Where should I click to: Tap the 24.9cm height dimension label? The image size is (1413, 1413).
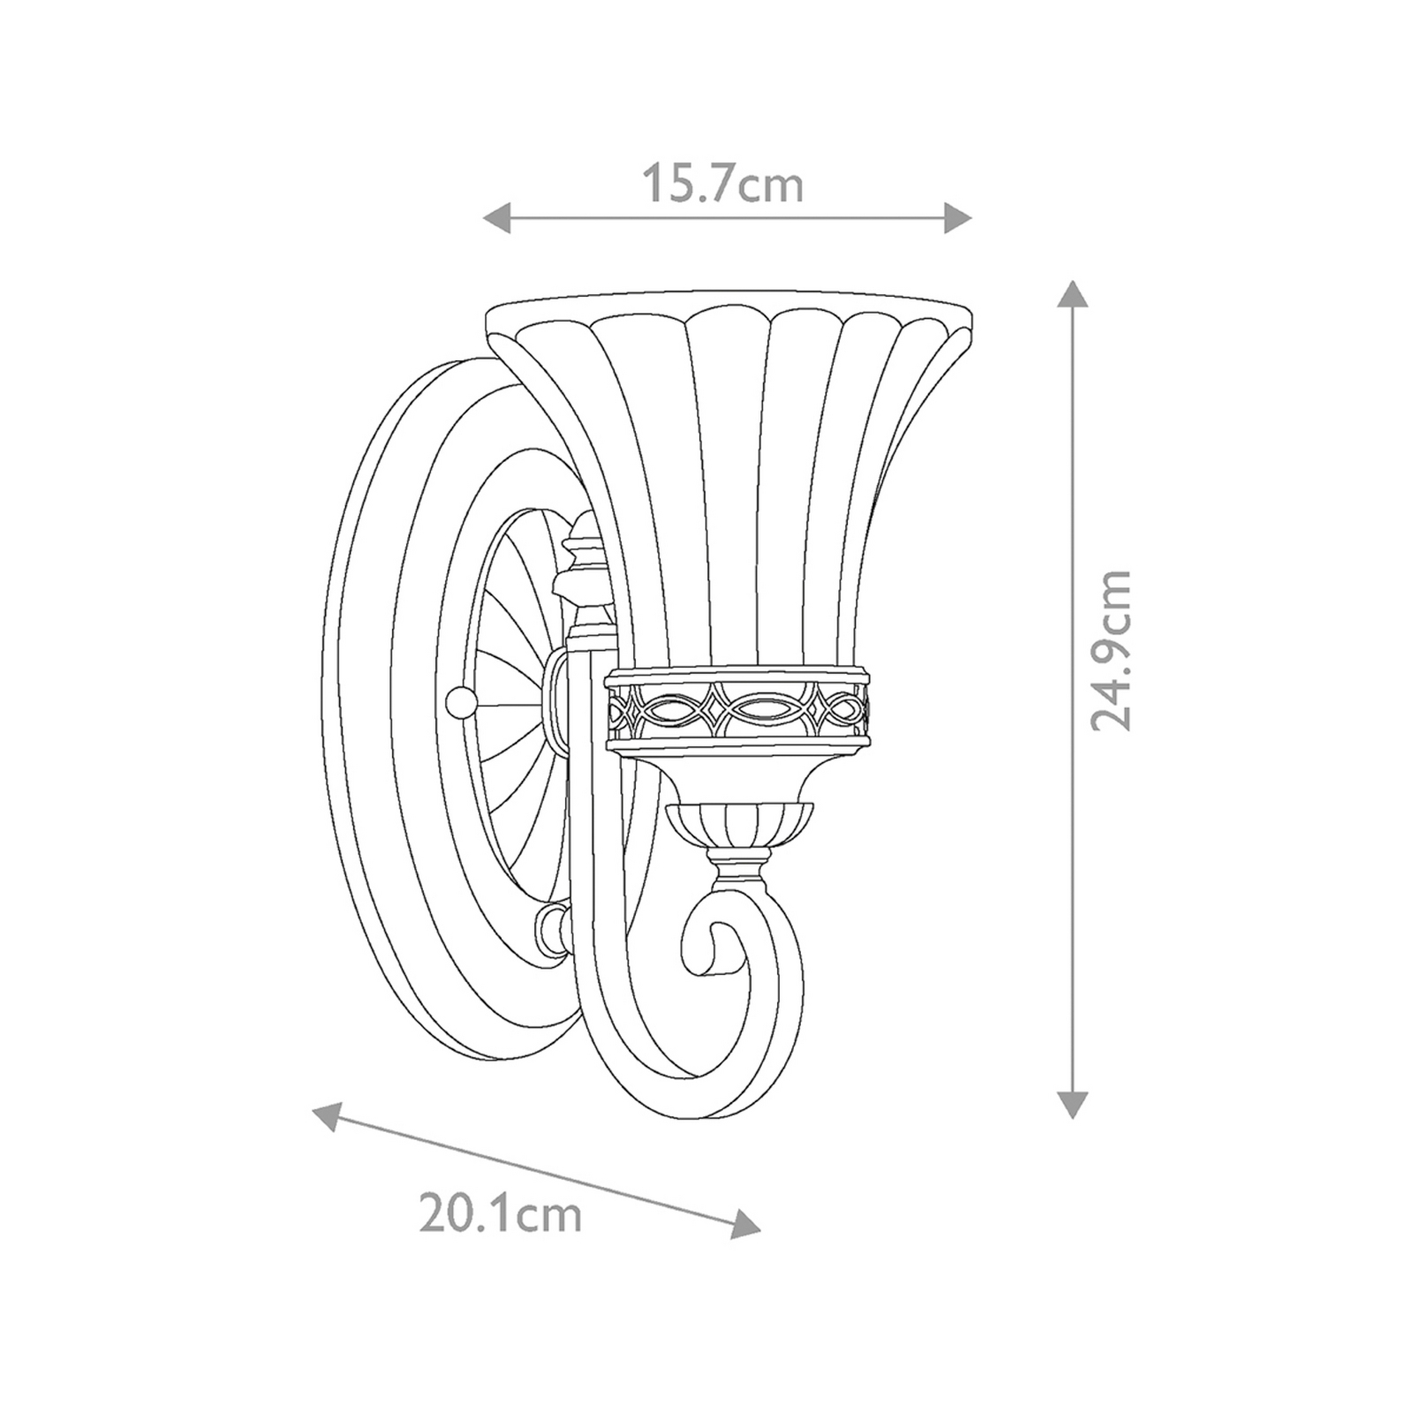pos(1110,649)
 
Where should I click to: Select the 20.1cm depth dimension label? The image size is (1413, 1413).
pos(500,1213)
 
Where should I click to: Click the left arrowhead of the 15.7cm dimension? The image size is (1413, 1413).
pos(497,217)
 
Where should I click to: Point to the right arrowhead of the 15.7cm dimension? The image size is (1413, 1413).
pos(957,217)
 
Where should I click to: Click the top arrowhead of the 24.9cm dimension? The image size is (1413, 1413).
pos(1071,293)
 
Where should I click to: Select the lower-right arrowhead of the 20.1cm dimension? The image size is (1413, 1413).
pos(745,1222)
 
